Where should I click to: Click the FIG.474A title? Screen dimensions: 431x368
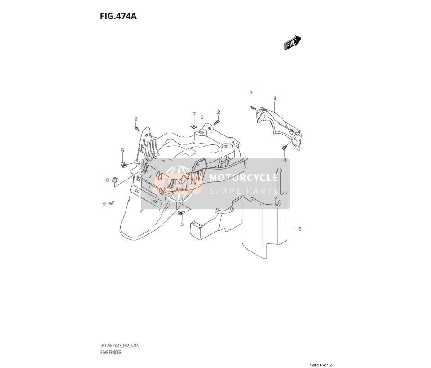coord(118,16)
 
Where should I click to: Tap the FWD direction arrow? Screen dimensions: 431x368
coord(293,43)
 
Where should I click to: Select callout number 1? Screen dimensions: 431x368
coord(202,117)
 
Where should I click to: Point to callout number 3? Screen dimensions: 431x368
coord(274,99)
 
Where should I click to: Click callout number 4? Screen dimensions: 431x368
coord(285,160)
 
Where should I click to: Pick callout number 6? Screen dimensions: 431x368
coord(300,229)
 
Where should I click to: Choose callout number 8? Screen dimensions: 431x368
coord(108,180)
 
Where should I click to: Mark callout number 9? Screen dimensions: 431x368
coord(104,204)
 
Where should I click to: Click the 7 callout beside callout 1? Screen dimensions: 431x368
coord(194,114)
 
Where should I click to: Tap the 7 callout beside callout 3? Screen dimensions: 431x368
coord(251,94)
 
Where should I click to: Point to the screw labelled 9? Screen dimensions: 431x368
coord(112,203)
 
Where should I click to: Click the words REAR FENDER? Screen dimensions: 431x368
coord(111,352)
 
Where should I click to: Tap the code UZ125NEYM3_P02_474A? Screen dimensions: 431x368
coord(119,346)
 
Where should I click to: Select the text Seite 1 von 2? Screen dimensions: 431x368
coord(321,365)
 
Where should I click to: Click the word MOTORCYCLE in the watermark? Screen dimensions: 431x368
coord(243,178)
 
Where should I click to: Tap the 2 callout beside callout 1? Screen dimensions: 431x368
coord(219,112)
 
